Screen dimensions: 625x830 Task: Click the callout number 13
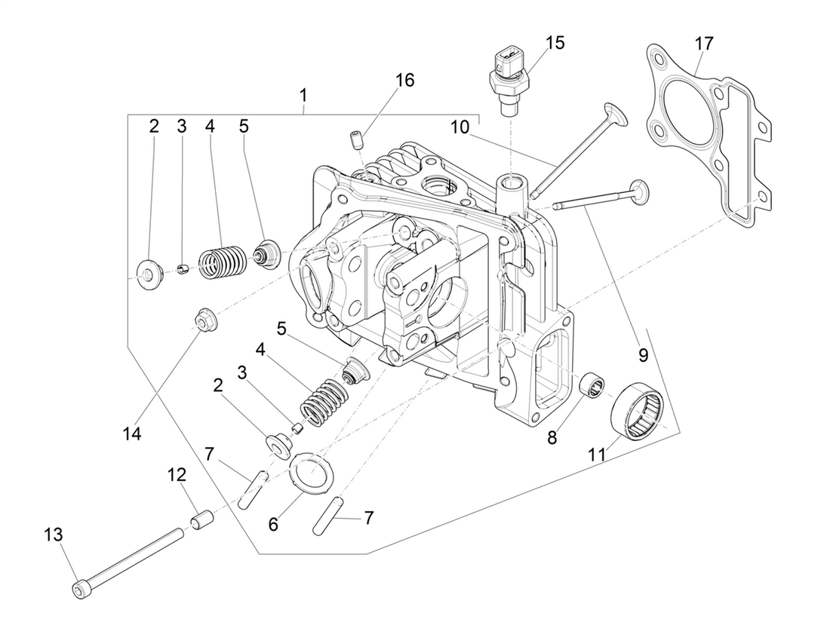coord(53,535)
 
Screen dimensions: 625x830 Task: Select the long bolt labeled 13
coord(132,560)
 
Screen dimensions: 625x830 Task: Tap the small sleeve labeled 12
coord(200,521)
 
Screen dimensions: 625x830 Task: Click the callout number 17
coord(703,44)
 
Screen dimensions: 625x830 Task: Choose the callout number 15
coord(555,42)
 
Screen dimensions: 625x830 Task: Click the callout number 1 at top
coord(303,96)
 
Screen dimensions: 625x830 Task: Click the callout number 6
coord(273,524)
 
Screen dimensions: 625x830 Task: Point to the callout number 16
coord(404,81)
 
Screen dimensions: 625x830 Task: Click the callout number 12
coord(176,476)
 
